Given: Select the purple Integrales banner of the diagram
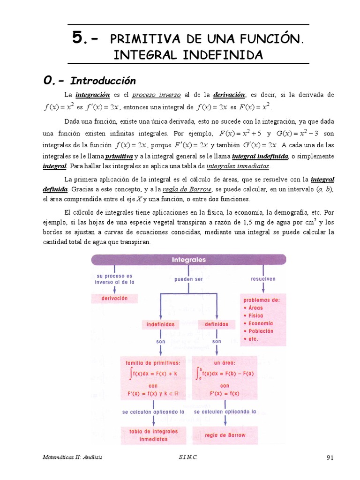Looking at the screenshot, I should pyautogui.click(x=188, y=259).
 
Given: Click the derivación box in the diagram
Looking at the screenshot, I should pyautogui.click(x=114, y=298).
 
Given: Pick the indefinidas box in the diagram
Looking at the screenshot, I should pyautogui.click(x=160, y=324).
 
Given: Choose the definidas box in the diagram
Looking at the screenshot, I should pyautogui.click(x=217, y=324).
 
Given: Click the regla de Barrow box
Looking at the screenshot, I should pyautogui.click(x=225, y=435).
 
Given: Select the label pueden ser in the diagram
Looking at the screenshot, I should pyautogui.click(x=188, y=279).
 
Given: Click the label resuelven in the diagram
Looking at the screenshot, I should pyautogui.click(x=263, y=278).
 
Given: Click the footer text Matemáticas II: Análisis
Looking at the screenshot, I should pyautogui.click(x=72, y=457).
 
